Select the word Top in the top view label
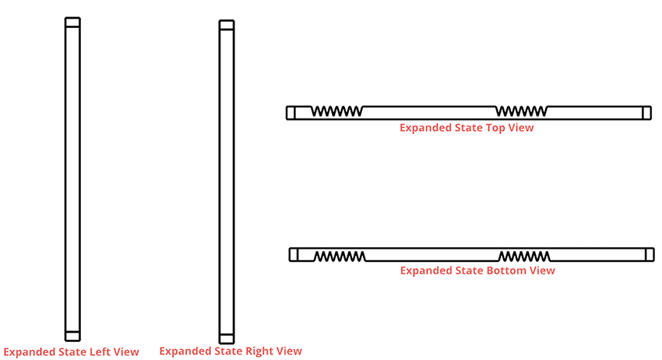(x=495, y=128)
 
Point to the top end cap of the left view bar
(x=72, y=23)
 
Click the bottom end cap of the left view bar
(x=72, y=336)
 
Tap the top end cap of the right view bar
(x=227, y=25)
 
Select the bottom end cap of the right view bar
(x=227, y=338)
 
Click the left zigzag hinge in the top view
(x=337, y=111)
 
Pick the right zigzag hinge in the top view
(x=521, y=111)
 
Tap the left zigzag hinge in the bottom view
(x=340, y=256)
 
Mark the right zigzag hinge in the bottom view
(x=524, y=256)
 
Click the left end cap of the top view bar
(x=291, y=113)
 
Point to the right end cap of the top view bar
(x=646, y=113)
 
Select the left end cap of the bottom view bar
(x=294, y=255)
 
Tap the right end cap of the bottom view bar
(x=650, y=255)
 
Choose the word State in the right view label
(x=228, y=351)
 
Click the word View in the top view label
(x=521, y=128)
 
